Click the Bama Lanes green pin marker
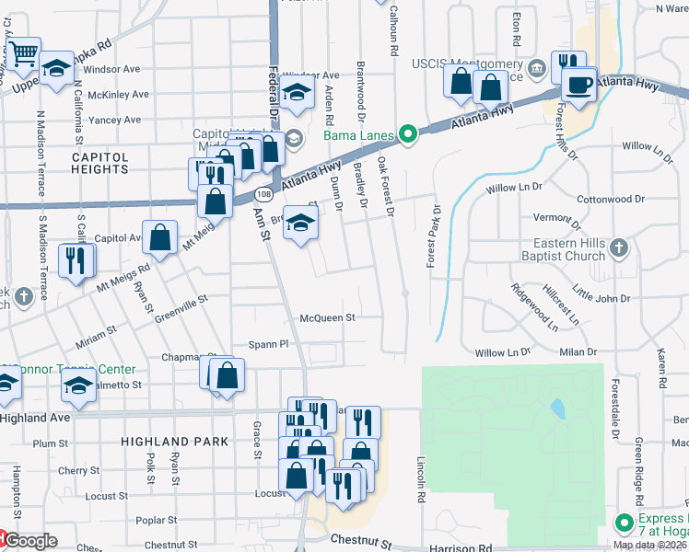(403, 136)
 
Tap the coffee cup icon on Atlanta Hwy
(578, 85)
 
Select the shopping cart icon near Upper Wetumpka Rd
(23, 52)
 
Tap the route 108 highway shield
(264, 196)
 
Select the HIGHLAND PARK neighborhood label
(174, 442)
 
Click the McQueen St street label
(327, 317)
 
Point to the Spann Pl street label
(269, 343)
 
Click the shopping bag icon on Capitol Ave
(160, 236)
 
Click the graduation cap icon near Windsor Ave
(297, 91)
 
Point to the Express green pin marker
(626, 522)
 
